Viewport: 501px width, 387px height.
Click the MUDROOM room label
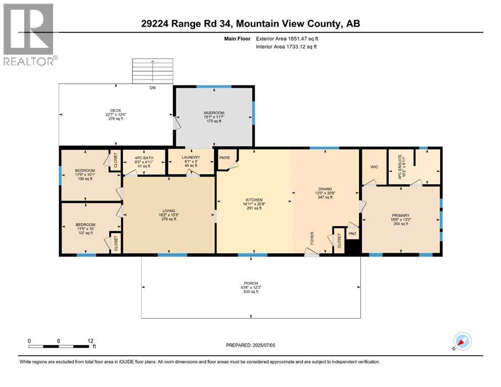[214, 113]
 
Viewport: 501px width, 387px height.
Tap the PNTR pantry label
[225, 158]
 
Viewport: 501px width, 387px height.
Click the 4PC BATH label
[145, 158]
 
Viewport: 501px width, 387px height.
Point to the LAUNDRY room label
[191, 158]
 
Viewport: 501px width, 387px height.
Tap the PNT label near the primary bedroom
[353, 235]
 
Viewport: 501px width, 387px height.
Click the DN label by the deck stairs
[153, 88]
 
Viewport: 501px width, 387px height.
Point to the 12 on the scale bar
[90, 341]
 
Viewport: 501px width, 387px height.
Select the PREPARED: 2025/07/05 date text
[251, 345]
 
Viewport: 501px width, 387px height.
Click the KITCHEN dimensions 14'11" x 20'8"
[254, 204]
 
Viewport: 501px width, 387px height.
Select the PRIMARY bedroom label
[401, 215]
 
